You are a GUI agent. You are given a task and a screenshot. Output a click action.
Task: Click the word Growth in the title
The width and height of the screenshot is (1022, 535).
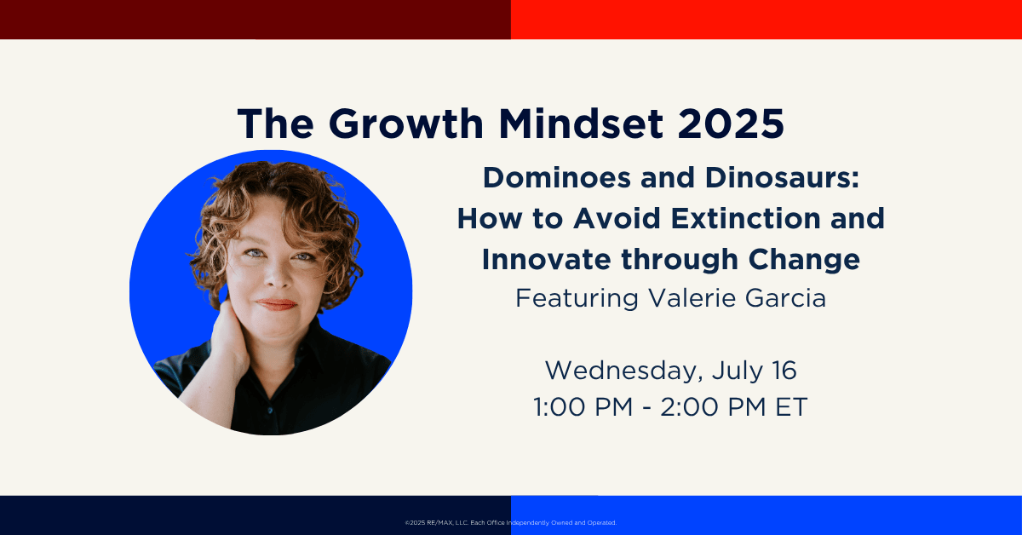[405, 124]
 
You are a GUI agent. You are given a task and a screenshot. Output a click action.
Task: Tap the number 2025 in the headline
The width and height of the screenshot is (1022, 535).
[731, 124]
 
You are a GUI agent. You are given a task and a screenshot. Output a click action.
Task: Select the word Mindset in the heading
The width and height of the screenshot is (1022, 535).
[581, 124]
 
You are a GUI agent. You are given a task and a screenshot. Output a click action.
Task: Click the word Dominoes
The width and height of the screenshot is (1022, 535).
[558, 177]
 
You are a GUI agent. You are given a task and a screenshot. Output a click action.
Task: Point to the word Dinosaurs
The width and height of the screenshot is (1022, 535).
[782, 177]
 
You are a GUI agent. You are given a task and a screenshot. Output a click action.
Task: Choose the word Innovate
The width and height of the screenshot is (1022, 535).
[546, 259]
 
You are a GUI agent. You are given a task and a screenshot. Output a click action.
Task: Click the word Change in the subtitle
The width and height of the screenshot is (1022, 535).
[804, 260]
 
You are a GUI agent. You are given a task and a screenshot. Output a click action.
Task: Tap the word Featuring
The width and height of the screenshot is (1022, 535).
[577, 298]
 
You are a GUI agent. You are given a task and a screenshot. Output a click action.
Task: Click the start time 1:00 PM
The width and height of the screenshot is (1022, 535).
[583, 406]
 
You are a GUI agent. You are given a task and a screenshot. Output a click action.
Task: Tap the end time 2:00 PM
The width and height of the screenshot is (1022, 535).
[713, 406]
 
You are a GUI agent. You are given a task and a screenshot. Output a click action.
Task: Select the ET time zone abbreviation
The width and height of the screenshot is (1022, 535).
[791, 406]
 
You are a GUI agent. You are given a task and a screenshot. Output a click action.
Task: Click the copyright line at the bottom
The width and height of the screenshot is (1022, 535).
[510, 523]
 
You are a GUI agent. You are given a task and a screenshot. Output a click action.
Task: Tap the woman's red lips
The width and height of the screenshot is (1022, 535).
[277, 304]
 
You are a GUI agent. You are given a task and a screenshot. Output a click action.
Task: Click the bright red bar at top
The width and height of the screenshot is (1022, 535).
[766, 20]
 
